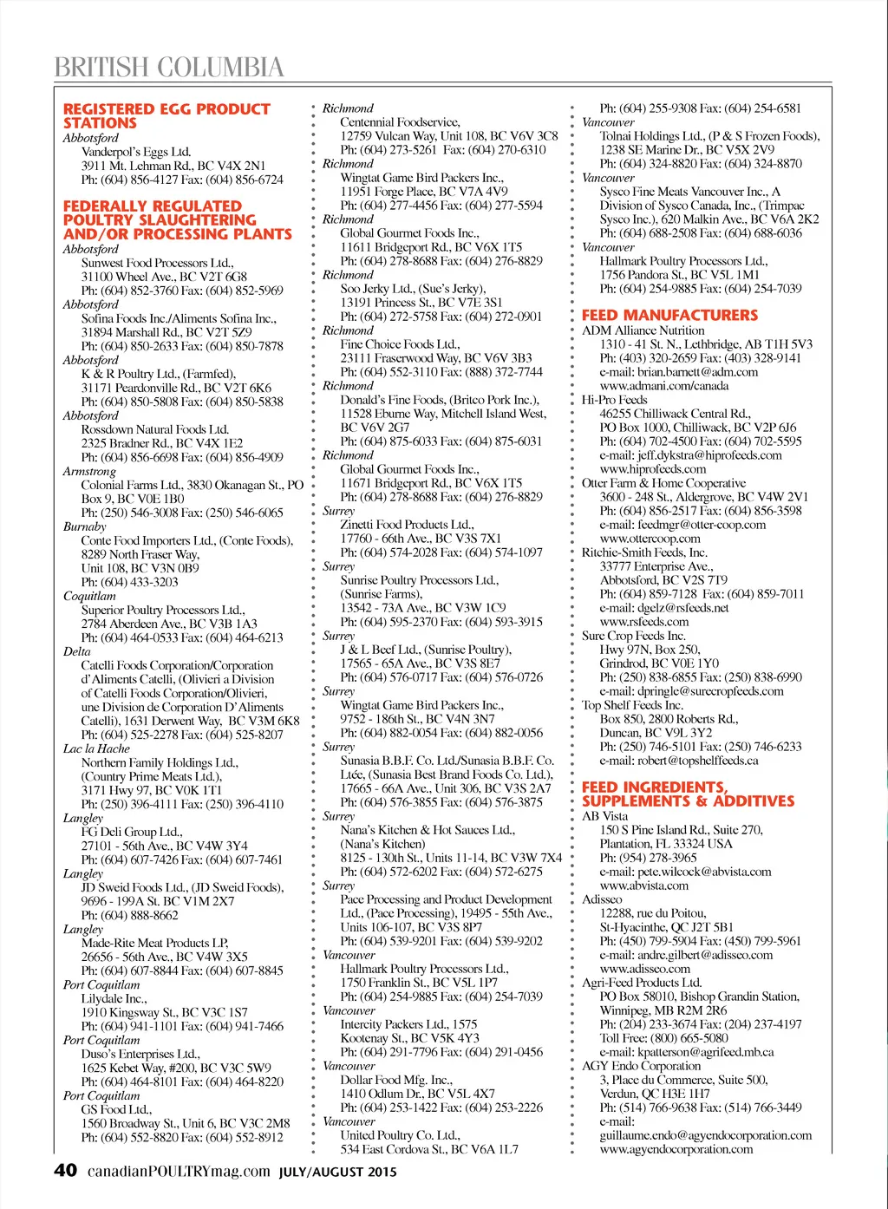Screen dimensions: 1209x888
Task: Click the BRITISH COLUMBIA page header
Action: (x=169, y=67)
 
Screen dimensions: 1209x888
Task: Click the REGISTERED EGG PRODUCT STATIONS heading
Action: (x=166, y=116)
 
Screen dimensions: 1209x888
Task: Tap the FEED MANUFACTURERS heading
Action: (x=669, y=316)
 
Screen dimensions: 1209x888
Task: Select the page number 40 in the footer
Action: (x=65, y=1171)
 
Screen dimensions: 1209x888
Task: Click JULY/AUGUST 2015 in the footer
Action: (x=337, y=1173)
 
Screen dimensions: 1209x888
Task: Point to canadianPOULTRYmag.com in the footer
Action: (x=179, y=1172)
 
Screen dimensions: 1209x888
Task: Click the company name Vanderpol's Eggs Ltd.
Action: (x=136, y=152)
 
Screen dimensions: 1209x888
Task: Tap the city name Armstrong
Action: (x=89, y=471)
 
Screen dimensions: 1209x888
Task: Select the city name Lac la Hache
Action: (x=96, y=748)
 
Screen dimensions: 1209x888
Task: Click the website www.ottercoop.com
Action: (x=650, y=539)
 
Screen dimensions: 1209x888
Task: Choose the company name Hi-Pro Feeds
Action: (x=614, y=400)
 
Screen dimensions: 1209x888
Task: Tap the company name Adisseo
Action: (x=602, y=899)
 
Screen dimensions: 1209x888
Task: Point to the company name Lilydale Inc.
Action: (x=114, y=998)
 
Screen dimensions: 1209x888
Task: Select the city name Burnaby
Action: (x=85, y=526)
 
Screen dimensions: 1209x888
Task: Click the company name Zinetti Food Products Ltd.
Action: (x=407, y=525)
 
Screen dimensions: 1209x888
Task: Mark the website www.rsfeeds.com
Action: (x=644, y=622)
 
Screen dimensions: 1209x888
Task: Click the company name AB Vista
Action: (x=604, y=816)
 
